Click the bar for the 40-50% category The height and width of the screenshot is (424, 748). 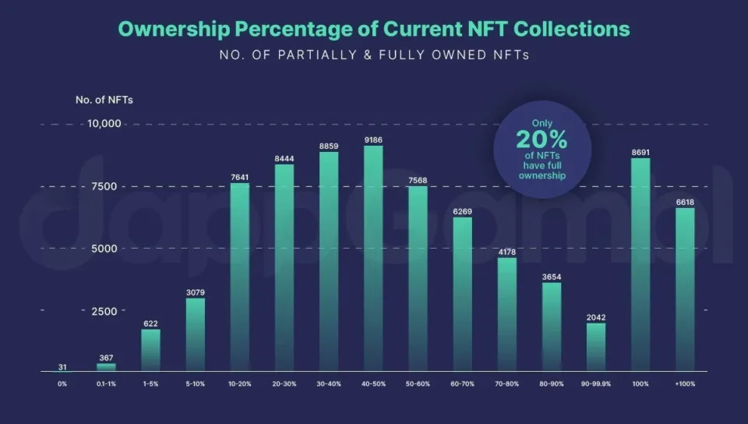click(373, 259)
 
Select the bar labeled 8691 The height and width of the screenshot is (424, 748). click(640, 265)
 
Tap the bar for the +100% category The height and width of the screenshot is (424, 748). click(685, 290)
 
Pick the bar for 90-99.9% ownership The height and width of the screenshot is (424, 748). click(595, 348)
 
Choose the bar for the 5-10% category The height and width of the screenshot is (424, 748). click(196, 335)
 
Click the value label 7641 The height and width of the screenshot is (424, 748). click(240, 177)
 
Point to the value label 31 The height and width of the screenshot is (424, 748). click(62, 367)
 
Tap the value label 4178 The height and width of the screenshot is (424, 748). click(506, 252)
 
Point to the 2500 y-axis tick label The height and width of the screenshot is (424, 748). click(106, 311)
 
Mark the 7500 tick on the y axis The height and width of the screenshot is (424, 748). click(106, 186)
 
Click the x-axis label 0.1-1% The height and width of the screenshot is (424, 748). click(106, 384)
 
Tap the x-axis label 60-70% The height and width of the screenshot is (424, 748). click(462, 384)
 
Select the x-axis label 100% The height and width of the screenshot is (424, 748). click(640, 384)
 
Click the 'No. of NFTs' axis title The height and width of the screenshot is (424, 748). click(98, 100)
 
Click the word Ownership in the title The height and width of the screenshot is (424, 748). click(170, 30)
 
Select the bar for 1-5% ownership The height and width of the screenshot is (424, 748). click(150, 351)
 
